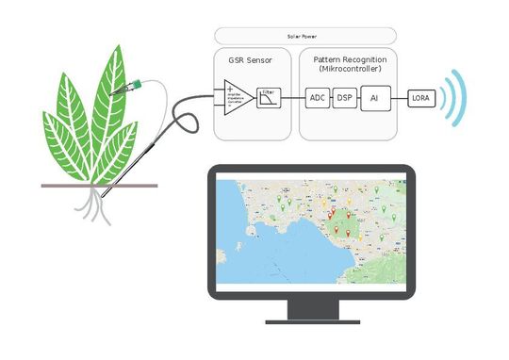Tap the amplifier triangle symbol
coord(238,99)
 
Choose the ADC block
coord(318,97)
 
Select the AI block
coord(374,97)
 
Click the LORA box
coord(420,97)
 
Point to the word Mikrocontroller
coord(348,69)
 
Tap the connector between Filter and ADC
coord(294,97)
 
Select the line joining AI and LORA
coord(399,97)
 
